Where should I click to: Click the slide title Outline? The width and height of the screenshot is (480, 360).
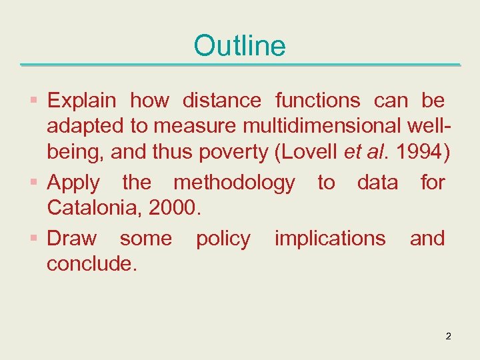pyautogui.click(x=239, y=46)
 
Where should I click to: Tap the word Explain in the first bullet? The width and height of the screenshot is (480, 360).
pyautogui.click(x=81, y=101)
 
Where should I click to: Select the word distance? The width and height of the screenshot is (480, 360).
pyautogui.click(x=221, y=101)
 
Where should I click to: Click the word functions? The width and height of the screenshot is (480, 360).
pyautogui.click(x=317, y=101)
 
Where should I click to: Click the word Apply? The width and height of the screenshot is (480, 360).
pyautogui.click(x=73, y=183)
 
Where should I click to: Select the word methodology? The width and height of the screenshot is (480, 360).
pyautogui.click(x=234, y=183)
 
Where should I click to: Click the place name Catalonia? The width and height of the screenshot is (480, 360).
pyautogui.click(x=94, y=209)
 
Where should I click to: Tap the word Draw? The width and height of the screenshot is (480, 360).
pyautogui.click(x=71, y=238)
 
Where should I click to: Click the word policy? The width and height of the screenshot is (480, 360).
pyautogui.click(x=223, y=239)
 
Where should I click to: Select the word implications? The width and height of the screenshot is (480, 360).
pyautogui.click(x=330, y=238)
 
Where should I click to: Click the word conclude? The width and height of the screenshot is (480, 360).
pyautogui.click(x=92, y=264)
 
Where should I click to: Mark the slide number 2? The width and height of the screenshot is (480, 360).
pyautogui.click(x=448, y=336)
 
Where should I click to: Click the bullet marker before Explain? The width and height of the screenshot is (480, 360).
pyautogui.click(x=34, y=101)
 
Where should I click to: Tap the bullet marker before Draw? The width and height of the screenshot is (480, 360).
pyautogui.click(x=34, y=239)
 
